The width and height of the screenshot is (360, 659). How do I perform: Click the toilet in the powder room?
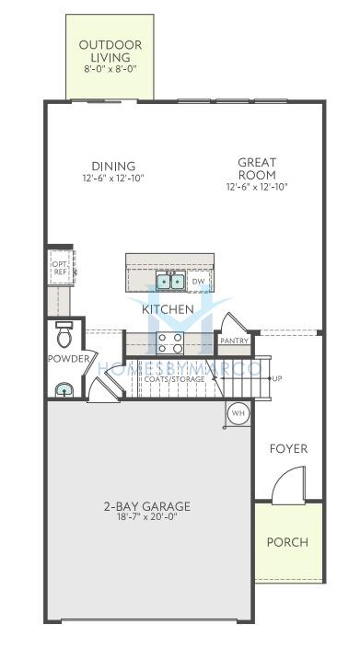coord(64,334)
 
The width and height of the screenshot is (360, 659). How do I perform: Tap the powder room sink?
coord(64,390)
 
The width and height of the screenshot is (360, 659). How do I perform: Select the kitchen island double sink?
coord(170,281)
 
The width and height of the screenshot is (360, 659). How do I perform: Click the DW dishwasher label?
coord(198,281)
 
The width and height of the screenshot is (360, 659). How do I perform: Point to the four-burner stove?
coord(170,342)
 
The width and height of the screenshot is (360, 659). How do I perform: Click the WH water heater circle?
coord(238,413)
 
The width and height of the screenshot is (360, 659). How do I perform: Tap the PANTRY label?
coord(234,341)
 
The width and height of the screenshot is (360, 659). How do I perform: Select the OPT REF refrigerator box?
coord(60,268)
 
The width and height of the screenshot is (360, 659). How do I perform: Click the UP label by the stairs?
coord(277,378)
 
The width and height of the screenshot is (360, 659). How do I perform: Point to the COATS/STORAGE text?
coord(175,379)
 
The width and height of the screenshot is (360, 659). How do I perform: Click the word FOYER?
coord(288,449)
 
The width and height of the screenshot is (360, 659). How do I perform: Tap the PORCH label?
coord(287,542)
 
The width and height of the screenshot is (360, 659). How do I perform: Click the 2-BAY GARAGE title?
coord(146,506)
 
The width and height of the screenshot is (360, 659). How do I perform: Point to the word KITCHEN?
coord(168,309)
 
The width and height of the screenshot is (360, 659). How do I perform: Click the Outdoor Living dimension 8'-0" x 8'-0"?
coord(110,69)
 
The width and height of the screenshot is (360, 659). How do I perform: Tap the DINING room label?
coord(113,167)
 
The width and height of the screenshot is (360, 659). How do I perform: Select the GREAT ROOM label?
coord(257,168)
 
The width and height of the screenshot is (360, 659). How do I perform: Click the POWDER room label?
coord(69,359)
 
